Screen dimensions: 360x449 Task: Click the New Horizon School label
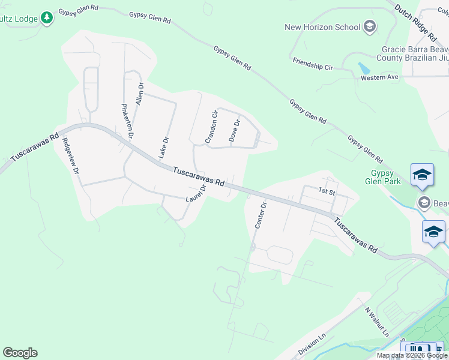click(322, 27)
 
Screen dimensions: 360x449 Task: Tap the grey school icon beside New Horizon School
click(370, 26)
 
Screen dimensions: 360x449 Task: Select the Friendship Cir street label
click(312, 63)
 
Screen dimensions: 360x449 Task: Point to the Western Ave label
click(379, 78)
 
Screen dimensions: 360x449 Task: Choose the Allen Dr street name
click(140, 94)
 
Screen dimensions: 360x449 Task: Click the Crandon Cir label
click(211, 127)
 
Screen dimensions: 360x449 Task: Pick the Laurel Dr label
click(196, 193)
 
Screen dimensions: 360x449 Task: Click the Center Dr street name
click(260, 215)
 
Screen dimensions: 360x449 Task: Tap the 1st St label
click(326, 191)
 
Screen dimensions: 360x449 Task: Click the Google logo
click(20, 353)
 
